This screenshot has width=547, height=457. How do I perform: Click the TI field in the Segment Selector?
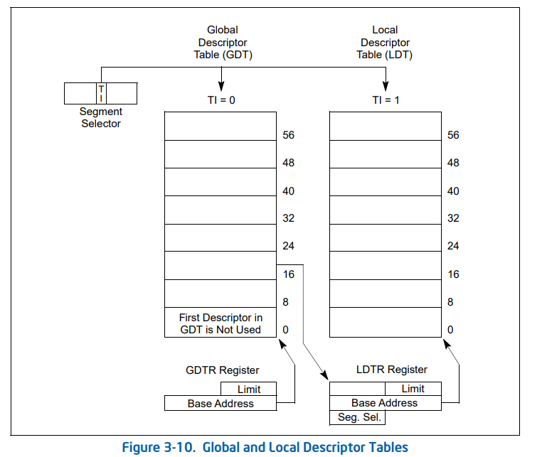click(101, 93)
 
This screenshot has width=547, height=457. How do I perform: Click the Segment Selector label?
click(100, 118)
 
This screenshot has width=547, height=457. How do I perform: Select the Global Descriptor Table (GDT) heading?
click(223, 42)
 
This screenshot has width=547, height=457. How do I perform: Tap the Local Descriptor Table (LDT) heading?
click(385, 42)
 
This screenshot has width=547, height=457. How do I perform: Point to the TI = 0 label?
click(221, 100)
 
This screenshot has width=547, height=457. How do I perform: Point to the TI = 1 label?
click(386, 100)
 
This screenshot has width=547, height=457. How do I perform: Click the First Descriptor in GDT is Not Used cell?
click(220, 323)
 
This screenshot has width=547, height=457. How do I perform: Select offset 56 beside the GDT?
click(288, 135)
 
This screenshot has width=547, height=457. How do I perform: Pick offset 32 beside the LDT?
click(453, 219)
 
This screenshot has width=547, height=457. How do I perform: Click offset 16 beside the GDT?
click(288, 274)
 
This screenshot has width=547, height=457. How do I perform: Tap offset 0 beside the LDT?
click(450, 330)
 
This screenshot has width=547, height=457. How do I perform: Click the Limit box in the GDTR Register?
click(248, 389)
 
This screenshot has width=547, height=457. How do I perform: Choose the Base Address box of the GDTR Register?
click(220, 404)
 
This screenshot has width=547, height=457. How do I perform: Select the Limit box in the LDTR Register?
click(413, 389)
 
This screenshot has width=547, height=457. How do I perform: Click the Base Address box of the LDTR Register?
click(385, 403)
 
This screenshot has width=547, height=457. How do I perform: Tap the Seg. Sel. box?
click(357, 417)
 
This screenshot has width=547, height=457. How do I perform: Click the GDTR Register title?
click(223, 370)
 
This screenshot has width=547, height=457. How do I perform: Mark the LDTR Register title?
click(392, 370)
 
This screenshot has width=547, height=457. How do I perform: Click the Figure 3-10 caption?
click(265, 447)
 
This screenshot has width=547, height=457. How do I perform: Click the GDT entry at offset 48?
click(220, 154)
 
